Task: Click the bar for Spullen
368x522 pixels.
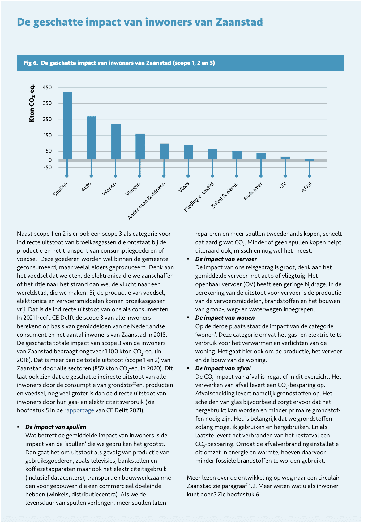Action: (x=67, y=125)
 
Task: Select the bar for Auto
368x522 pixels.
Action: (x=92, y=137)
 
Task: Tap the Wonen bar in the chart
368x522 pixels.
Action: (x=116, y=141)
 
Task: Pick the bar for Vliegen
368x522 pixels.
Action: (x=140, y=146)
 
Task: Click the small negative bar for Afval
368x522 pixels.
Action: (x=310, y=160)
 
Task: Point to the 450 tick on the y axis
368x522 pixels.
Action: (x=47, y=88)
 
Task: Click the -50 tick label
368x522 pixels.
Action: (x=48, y=167)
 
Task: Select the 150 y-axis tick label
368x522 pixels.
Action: (x=47, y=135)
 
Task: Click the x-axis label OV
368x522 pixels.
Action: (x=282, y=185)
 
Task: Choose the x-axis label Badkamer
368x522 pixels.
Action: (x=253, y=191)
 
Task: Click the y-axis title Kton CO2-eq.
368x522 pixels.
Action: (x=32, y=103)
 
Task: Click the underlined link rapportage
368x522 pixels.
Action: (x=79, y=410)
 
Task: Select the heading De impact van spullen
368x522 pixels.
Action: (x=56, y=427)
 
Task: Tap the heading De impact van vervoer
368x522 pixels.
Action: (x=226, y=259)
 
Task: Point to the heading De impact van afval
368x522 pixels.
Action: (x=223, y=368)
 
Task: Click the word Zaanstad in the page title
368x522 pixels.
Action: (x=239, y=22)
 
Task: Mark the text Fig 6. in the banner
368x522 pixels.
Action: (x=31, y=63)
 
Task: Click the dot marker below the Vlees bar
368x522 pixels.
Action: (x=188, y=176)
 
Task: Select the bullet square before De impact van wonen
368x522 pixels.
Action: (x=188, y=318)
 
